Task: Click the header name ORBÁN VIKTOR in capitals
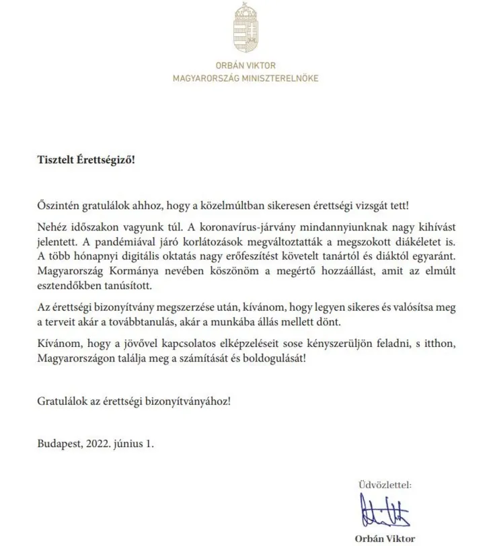[245, 67]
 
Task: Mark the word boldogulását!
[280, 358]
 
